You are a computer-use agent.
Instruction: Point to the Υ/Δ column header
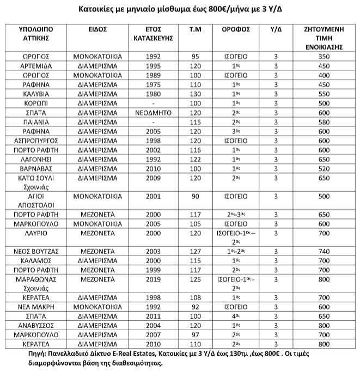pyautogui.click(x=276, y=29)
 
